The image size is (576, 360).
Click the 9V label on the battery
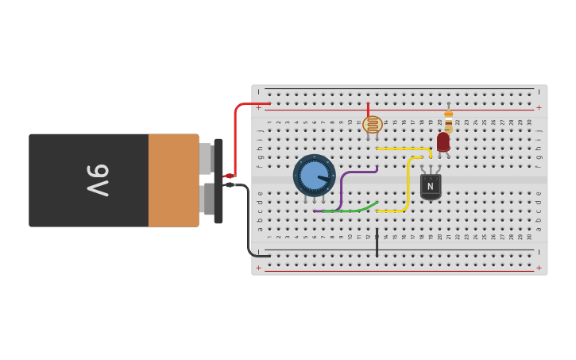coord(97,180)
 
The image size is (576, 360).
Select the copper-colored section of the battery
coord(173,180)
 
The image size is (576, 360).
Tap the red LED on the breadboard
coord(443,141)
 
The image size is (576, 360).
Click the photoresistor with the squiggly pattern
coord(373,125)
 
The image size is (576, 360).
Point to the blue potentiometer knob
coord(315,176)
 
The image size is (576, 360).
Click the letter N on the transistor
coord(431,187)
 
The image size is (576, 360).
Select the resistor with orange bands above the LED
coord(449,119)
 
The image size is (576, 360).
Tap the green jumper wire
coord(350,210)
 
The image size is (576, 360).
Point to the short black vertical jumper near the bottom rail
coord(377,242)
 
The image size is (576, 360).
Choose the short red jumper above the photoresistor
coord(368,110)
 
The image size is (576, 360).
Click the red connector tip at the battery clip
coord(229,176)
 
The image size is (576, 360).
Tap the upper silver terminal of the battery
coord(205,159)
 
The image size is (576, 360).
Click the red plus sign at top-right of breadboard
coord(539,107)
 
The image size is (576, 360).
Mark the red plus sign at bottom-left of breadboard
coord(258,268)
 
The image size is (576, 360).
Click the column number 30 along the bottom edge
coord(529,236)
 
